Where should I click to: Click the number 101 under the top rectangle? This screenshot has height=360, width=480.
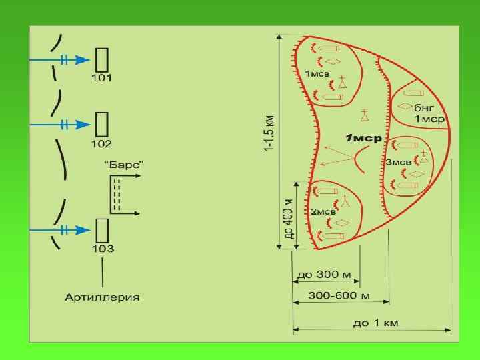click(x=102, y=78)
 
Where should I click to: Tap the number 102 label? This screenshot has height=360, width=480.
click(x=102, y=144)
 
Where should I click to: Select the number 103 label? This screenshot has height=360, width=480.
click(x=103, y=249)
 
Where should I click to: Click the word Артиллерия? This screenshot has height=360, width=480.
click(x=102, y=297)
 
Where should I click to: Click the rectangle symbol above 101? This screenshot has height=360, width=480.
click(x=102, y=59)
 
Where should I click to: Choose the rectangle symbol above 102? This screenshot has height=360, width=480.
click(x=102, y=124)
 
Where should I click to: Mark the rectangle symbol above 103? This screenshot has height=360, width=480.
click(x=102, y=230)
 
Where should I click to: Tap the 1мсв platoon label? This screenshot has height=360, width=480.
click(x=317, y=73)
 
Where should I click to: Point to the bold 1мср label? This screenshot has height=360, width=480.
click(x=363, y=138)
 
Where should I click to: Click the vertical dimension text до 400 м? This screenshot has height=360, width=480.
click(x=289, y=217)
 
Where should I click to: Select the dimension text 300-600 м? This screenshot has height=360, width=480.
click(x=340, y=295)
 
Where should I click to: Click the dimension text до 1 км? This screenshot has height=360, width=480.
click(x=375, y=323)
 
